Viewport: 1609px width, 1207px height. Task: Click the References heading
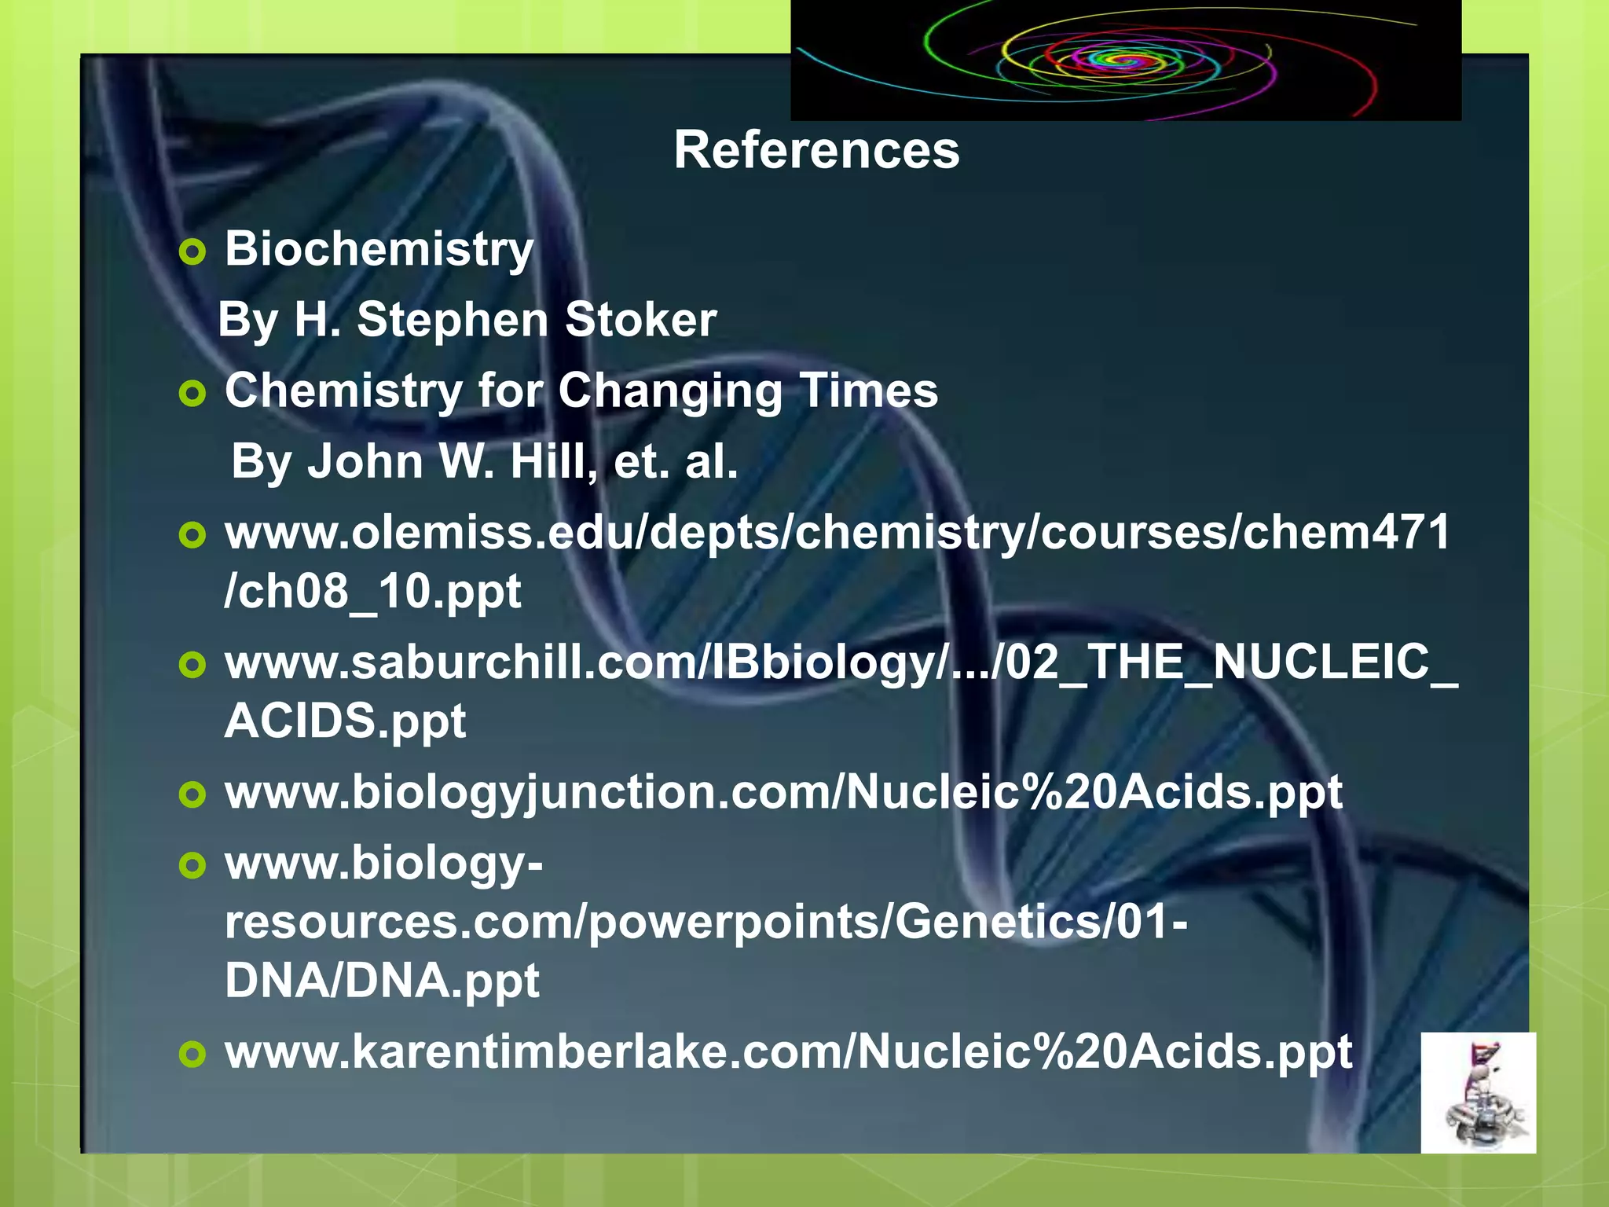point(816,150)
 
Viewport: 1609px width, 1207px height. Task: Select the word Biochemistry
point(379,249)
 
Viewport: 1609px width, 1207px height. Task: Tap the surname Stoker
point(640,320)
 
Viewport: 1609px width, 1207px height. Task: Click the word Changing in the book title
point(670,391)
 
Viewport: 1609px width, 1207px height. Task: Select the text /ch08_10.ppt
point(372,591)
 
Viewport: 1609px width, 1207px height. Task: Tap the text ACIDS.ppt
point(346,721)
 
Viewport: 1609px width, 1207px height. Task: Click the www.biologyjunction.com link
point(783,792)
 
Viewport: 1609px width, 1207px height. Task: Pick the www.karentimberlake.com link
point(789,1051)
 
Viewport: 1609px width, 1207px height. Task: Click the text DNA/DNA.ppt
point(382,980)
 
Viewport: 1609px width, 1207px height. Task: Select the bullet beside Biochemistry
point(192,252)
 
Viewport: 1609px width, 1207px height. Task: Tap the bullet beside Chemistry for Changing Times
point(192,394)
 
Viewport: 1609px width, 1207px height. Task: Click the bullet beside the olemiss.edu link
point(192,536)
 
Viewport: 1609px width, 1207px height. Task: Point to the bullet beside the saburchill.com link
point(192,666)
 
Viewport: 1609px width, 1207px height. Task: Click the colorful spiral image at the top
point(1125,60)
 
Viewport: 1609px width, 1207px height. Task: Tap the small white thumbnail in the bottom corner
point(1478,1092)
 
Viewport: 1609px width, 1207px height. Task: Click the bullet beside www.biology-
point(192,866)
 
